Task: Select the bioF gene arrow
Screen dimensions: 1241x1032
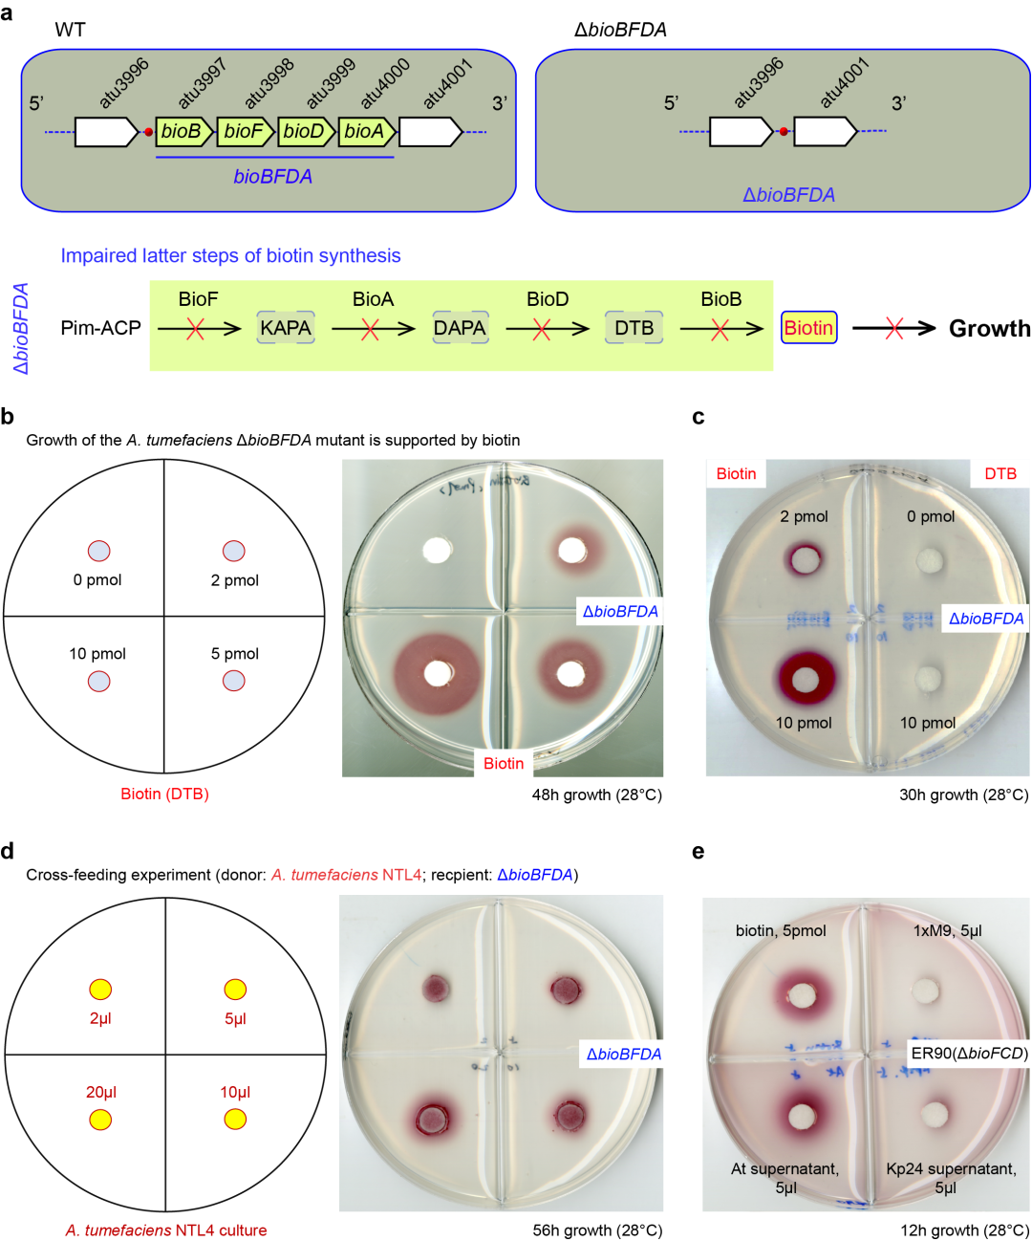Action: (x=246, y=132)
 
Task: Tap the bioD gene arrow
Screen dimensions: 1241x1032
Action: (x=306, y=132)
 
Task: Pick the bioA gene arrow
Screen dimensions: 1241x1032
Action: (x=367, y=132)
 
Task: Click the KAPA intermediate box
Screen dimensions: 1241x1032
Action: (x=286, y=328)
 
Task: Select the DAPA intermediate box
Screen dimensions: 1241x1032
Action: (x=460, y=328)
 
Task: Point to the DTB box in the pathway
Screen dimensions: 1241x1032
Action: (x=634, y=328)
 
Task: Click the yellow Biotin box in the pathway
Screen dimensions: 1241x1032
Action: (x=808, y=328)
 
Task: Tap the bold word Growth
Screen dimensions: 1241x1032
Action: (x=989, y=329)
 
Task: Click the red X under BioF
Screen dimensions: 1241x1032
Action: (x=195, y=329)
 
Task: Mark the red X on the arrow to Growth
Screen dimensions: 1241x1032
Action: (x=893, y=329)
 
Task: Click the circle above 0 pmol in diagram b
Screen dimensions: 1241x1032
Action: (x=98, y=551)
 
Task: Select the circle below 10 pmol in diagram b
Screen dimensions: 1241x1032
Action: (x=98, y=681)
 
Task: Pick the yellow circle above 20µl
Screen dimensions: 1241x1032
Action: (x=100, y=1119)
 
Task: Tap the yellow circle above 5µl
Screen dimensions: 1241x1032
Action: (x=235, y=990)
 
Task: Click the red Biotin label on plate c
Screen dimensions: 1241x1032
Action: (x=736, y=474)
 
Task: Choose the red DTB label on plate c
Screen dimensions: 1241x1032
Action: (x=1000, y=474)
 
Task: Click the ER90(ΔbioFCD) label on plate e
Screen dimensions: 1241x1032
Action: (x=969, y=1054)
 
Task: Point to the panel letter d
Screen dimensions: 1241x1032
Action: (x=8, y=851)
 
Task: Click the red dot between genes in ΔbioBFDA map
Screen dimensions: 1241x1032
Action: (x=784, y=131)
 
